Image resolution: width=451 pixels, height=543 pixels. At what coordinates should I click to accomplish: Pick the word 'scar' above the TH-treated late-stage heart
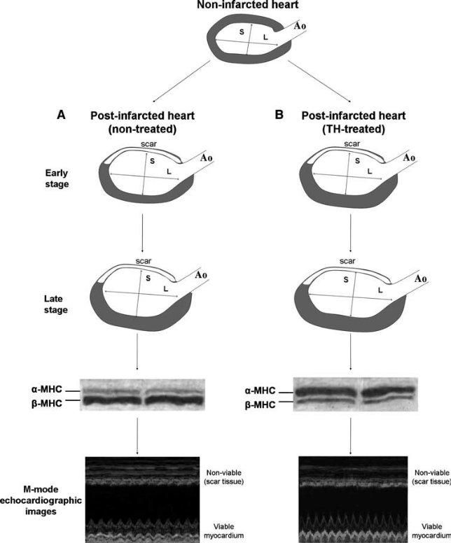click(349, 260)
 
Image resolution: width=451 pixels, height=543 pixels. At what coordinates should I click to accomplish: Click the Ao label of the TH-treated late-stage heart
click(422, 279)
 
